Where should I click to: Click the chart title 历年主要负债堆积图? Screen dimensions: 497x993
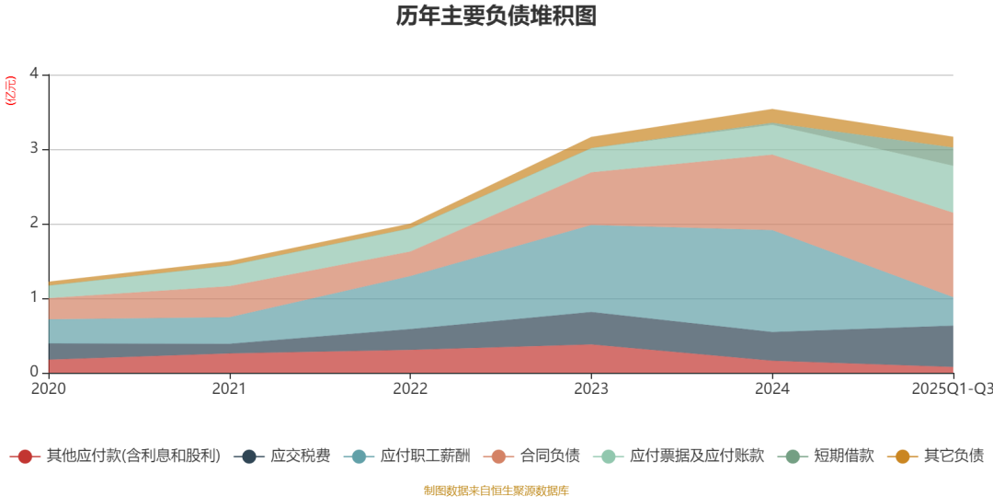point(496,17)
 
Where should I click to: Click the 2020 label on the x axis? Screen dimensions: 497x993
point(48,389)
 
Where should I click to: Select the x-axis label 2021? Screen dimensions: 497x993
point(229,389)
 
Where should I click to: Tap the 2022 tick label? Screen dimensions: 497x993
point(410,389)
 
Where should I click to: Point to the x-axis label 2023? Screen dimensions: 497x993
point(591,389)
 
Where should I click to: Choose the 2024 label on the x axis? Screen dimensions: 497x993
point(772,389)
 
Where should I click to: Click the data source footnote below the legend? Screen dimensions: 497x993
point(496,490)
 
